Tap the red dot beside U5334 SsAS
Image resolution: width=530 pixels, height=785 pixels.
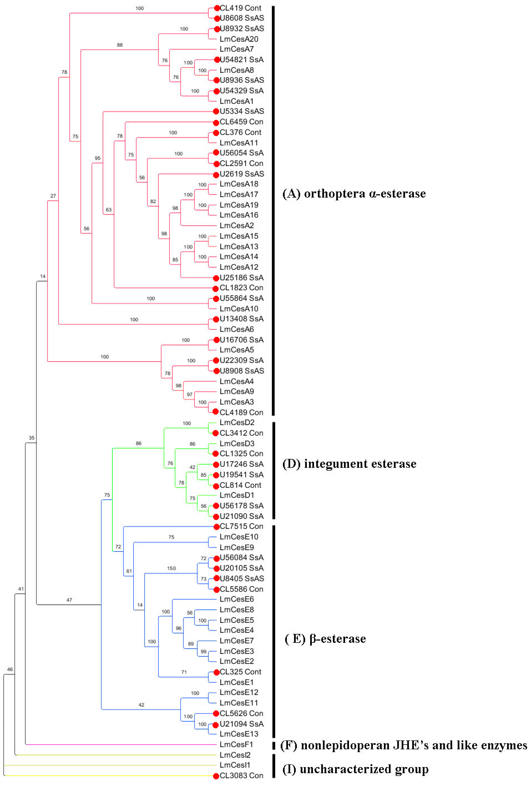(216, 111)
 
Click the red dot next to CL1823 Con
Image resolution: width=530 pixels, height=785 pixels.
(216, 288)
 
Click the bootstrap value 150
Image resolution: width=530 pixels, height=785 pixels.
(171, 568)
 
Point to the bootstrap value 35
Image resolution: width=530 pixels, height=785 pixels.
(31, 438)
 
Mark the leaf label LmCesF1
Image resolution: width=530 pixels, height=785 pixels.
(236, 744)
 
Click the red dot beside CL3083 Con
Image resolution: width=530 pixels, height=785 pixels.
(216, 776)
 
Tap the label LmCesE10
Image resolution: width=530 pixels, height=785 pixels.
(239, 537)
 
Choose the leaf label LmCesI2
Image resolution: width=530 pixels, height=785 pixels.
(235, 755)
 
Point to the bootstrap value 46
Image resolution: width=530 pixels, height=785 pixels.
(10, 669)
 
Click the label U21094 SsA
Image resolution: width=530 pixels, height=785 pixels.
(242, 724)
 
